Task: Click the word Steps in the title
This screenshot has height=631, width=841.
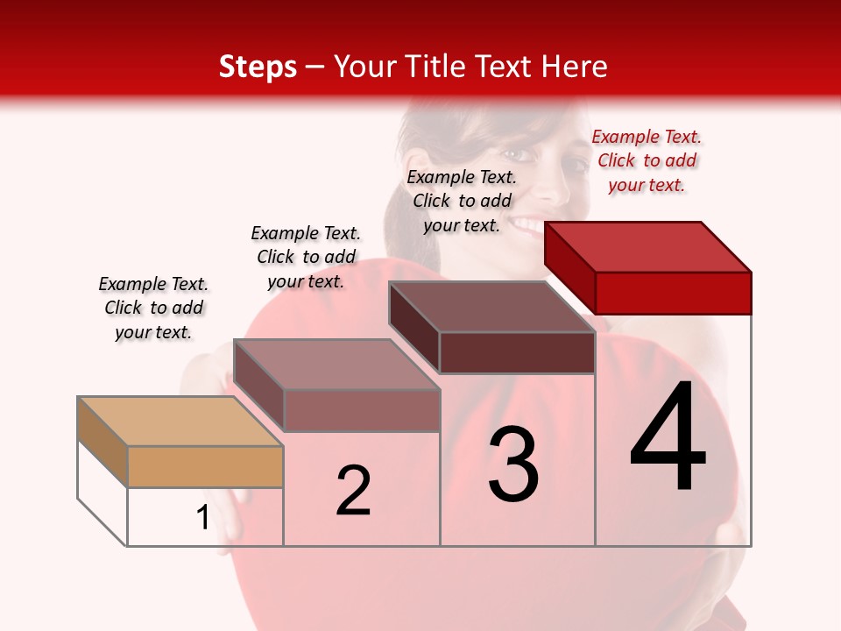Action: [258, 67]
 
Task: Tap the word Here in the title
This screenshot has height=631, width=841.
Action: [575, 67]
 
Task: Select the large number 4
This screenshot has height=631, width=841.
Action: [668, 438]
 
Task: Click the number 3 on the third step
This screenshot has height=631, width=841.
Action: [513, 464]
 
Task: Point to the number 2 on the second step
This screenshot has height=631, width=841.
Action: [353, 491]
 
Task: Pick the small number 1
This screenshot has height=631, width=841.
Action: [202, 518]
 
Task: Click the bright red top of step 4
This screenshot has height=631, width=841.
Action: [648, 246]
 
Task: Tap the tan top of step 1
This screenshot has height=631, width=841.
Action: [180, 421]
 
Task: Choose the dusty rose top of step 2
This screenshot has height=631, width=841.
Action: [336, 364]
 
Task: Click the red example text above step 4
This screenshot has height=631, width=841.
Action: [647, 160]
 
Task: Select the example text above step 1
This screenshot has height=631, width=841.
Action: [153, 308]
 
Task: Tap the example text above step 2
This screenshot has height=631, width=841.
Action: [306, 257]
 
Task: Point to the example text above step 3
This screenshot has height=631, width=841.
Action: [462, 201]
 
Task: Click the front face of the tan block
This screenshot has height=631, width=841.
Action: [205, 466]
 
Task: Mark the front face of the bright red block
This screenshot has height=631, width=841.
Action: [673, 293]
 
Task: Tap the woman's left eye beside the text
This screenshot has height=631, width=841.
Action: [519, 155]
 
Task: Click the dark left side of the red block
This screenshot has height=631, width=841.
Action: [569, 266]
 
